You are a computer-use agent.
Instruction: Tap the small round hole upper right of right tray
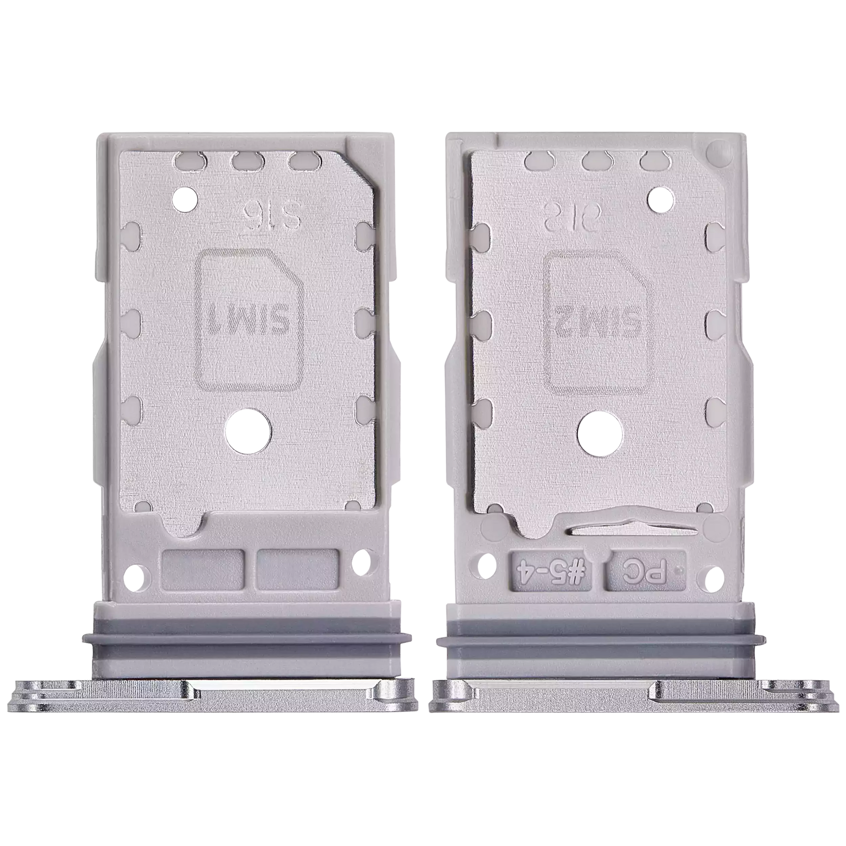[x=662, y=198]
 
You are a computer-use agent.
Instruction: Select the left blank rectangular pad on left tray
[x=203, y=572]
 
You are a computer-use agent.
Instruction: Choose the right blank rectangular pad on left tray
[x=298, y=572]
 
